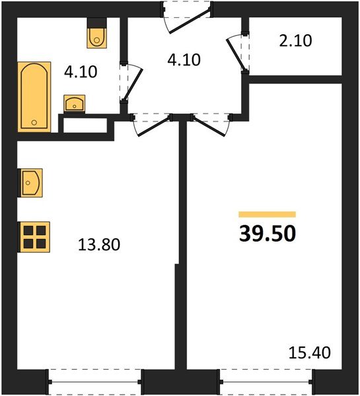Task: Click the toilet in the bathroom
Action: click(x=97, y=36)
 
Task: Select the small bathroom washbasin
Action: click(x=75, y=104)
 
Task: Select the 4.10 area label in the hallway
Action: click(x=182, y=60)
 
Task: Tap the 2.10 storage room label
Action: click(x=295, y=41)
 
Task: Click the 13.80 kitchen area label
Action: click(x=98, y=246)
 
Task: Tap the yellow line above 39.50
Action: click(x=268, y=214)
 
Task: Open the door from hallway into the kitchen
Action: click(x=151, y=124)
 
